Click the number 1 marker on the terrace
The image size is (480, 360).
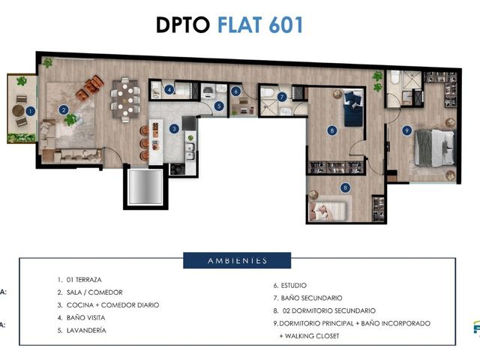(30, 111)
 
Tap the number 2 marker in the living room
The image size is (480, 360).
(64, 109)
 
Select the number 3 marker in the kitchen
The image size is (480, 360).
(174, 129)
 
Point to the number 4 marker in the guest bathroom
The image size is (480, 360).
(169, 90)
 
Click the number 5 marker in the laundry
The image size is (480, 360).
(219, 106)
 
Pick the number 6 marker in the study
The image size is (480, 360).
(235, 91)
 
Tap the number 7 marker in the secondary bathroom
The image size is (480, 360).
(282, 97)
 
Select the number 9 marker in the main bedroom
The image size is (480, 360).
(406, 130)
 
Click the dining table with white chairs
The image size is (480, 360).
(125, 100)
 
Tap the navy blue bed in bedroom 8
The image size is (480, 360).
(354, 108)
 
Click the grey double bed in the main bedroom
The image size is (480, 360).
(434, 148)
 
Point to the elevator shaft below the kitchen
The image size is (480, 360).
(145, 187)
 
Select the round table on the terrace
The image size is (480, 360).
(18, 111)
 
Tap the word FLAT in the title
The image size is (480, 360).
(240, 25)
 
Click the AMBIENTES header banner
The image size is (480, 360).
(237, 260)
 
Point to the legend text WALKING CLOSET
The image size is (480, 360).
(312, 336)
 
